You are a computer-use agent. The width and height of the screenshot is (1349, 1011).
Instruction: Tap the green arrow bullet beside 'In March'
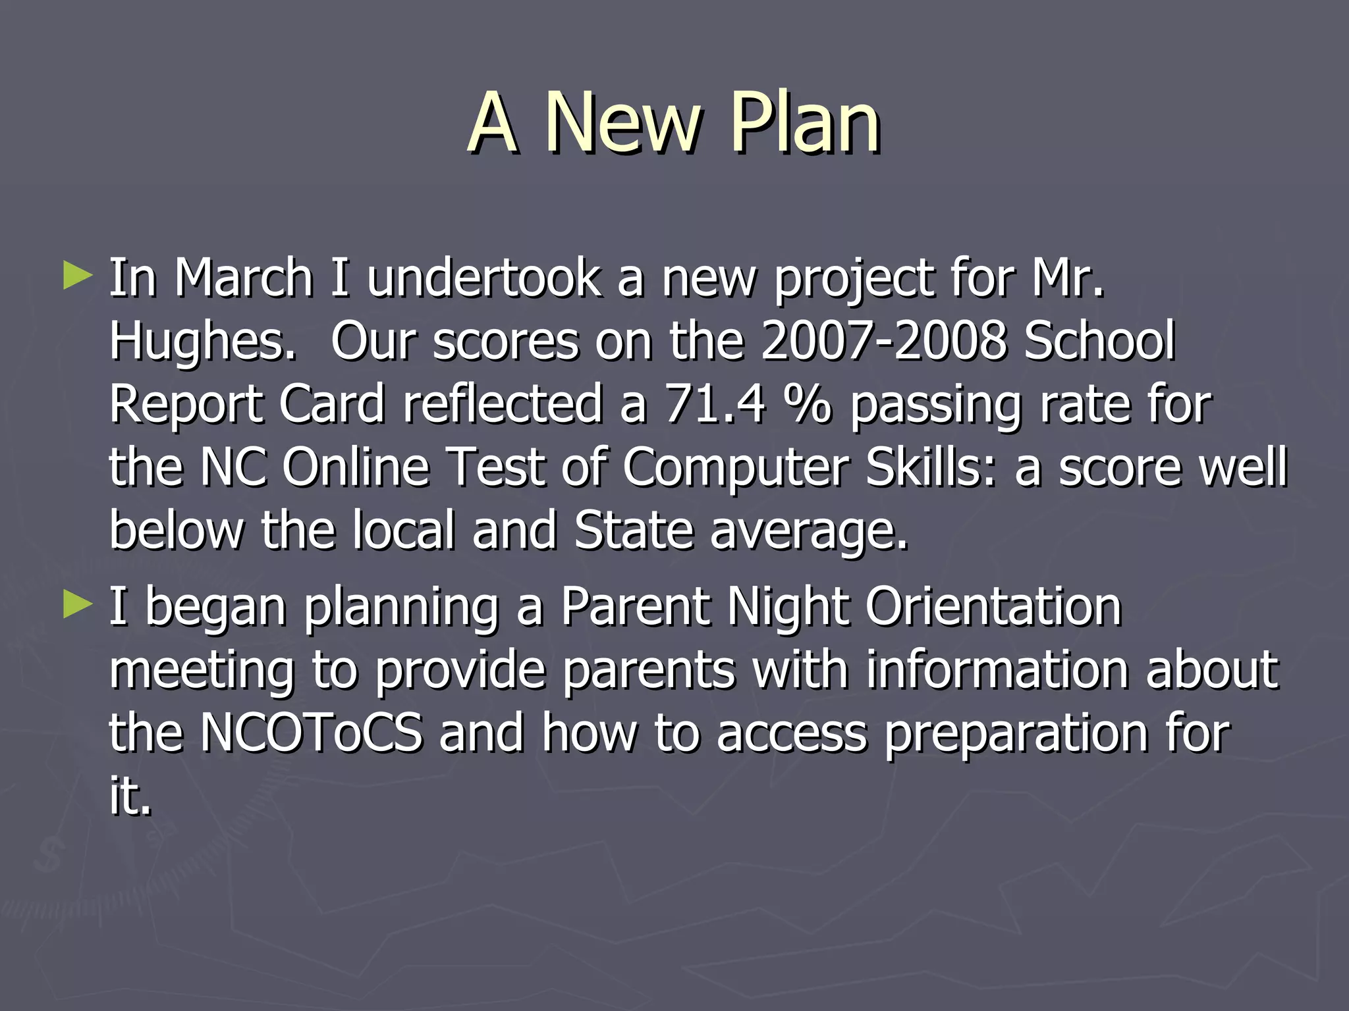tap(78, 276)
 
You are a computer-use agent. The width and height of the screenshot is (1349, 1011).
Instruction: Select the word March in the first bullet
tap(243, 278)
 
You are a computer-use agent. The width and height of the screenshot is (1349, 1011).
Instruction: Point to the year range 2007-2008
tap(883, 341)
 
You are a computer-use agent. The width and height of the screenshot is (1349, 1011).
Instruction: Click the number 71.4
tap(714, 404)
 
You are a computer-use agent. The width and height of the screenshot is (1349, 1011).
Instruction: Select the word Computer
tap(735, 467)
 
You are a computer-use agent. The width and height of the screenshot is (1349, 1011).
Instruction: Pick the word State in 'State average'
tap(634, 531)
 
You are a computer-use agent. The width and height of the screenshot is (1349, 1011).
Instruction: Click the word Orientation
tap(993, 606)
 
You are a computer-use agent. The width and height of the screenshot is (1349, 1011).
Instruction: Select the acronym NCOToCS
tap(311, 733)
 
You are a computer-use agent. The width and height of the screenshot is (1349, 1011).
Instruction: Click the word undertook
tap(483, 278)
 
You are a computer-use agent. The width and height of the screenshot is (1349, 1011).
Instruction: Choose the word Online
tap(355, 467)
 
